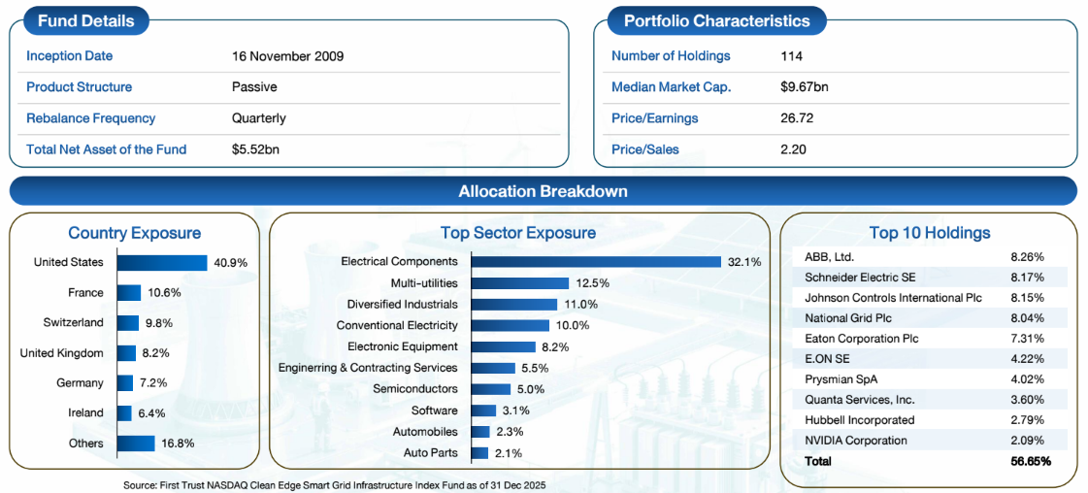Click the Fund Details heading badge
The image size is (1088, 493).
coord(86,20)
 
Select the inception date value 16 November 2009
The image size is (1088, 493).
coord(288,56)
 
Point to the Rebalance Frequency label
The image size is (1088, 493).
coord(91,117)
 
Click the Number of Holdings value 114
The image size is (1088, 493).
coord(792,56)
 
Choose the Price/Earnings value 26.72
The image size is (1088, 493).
coord(797,117)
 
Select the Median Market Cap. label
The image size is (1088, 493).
coord(671,87)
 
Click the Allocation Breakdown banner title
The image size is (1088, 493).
coord(544,190)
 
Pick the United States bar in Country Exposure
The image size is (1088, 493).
coord(162,263)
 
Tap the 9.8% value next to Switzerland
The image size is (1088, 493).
coord(157,322)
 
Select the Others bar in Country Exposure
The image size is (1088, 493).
coord(135,444)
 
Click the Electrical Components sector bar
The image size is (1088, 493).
coord(596,261)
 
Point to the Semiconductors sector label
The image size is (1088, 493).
coord(415,388)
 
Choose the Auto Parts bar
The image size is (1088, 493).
coord(478,453)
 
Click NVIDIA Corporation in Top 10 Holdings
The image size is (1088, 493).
coord(856,441)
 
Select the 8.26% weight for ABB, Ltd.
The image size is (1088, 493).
coord(1028,257)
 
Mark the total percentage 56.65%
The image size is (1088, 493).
coord(1030,461)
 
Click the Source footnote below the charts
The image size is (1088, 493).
coord(335,485)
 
